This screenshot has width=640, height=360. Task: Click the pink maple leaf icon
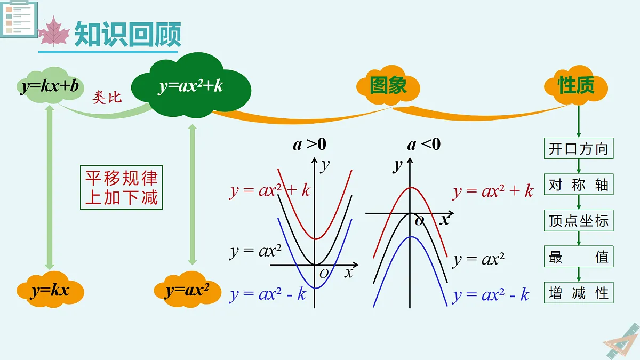pos(54,31)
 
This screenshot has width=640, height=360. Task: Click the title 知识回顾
pos(127,34)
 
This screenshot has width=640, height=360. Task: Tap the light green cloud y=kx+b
pos(50,85)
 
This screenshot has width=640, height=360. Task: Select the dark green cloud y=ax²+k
pos(191,85)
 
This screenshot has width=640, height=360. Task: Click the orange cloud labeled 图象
pos(388,85)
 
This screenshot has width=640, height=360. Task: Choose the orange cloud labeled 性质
pos(576,85)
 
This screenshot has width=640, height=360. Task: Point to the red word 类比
pos(107,98)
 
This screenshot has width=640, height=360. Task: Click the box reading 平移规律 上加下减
pos(122,187)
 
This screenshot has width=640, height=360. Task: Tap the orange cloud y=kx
pos(50,290)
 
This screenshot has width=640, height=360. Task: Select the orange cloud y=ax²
pos(187,290)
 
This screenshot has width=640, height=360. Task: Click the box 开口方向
pos(579,149)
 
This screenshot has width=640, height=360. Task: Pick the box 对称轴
pos(579,185)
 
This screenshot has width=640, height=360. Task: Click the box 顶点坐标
pos(579,221)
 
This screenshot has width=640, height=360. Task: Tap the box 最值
pos(579,257)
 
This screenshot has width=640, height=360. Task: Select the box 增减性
pos(579,293)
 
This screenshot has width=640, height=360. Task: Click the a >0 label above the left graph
pos(310,144)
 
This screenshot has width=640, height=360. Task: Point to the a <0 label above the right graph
pos(424,144)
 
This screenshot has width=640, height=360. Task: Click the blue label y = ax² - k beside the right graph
pos(490,294)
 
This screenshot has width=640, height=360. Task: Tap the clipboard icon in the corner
pos(19,18)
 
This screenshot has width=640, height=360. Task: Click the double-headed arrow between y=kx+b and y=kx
pos(50,187)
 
